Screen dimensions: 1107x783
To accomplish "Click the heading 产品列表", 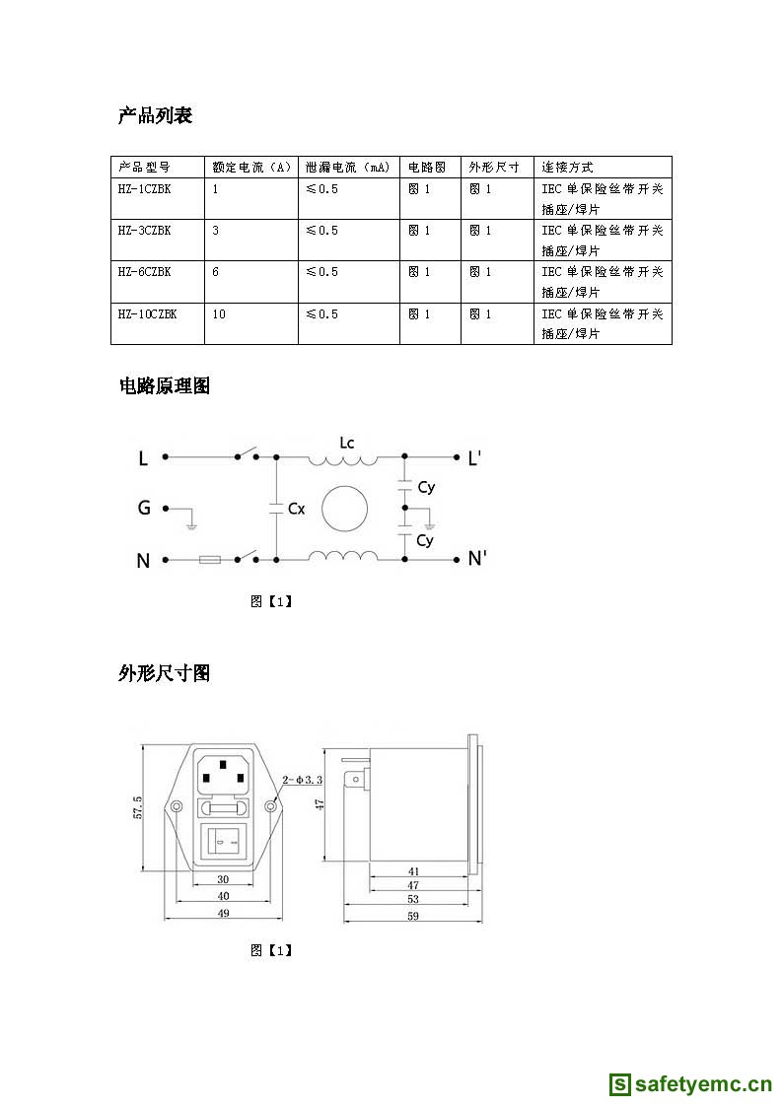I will click(155, 116).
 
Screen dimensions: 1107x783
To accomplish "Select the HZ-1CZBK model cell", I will click(145, 188).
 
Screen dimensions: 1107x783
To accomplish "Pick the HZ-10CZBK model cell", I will click(147, 313).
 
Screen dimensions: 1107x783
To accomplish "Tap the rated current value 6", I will click(216, 272).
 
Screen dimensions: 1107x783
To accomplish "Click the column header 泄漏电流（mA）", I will click(348, 167).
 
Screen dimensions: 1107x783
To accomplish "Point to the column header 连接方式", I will click(567, 167).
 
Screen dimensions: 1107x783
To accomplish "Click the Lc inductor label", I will click(346, 443).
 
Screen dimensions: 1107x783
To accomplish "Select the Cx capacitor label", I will click(296, 509).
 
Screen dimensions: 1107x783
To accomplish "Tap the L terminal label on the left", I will click(143, 458).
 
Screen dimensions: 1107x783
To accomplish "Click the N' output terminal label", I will click(477, 559).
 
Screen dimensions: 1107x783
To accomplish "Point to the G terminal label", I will click(144, 509).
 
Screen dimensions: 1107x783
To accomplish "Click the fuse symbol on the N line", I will click(210, 560).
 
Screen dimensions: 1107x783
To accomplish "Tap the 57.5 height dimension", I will click(138, 807).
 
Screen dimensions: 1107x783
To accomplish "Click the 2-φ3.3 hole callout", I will click(302, 780).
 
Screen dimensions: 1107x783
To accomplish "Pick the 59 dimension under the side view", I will click(412, 917).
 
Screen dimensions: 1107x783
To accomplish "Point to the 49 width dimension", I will click(223, 914).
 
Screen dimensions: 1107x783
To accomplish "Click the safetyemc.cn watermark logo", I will click(690, 1084).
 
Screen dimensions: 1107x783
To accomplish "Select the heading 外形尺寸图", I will click(165, 673).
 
